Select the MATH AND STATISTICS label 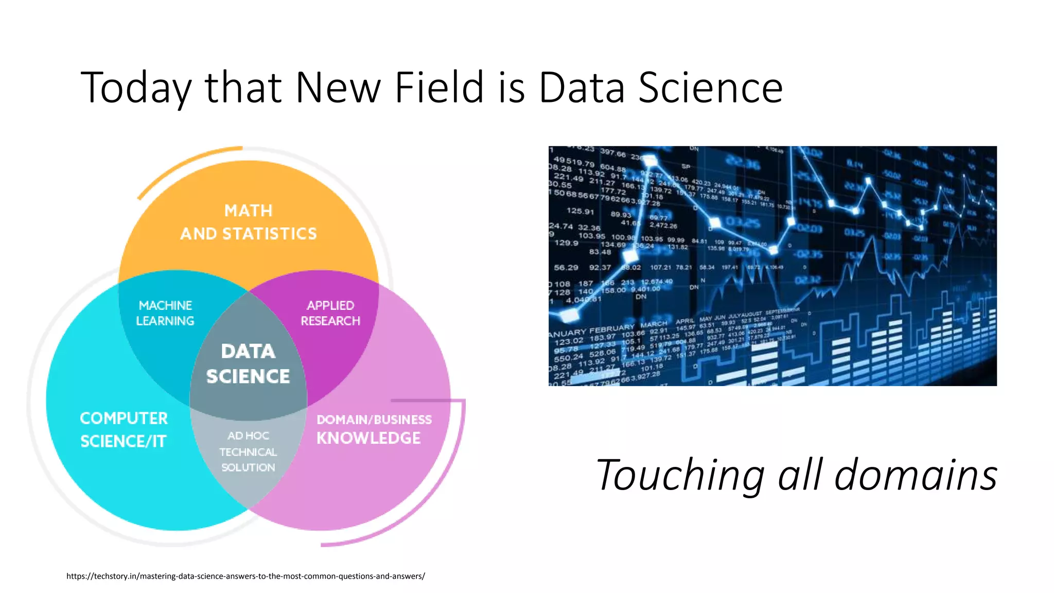coord(249,222)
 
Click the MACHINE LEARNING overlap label coord(165,313)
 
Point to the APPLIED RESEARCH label coord(330,313)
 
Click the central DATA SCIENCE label coord(248,364)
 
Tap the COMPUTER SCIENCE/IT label coord(124,430)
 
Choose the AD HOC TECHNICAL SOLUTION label coord(248,451)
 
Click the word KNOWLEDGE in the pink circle coord(368,438)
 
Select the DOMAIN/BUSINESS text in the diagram coord(374,420)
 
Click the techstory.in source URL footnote coord(245,576)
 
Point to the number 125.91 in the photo coord(580,211)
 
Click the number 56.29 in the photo coord(566,268)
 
